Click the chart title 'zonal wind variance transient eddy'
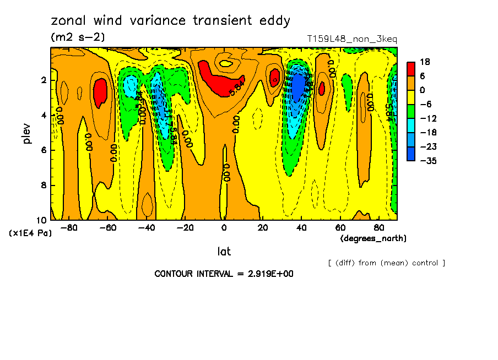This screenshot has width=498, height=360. [170, 21]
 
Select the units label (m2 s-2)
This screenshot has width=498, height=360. [77, 37]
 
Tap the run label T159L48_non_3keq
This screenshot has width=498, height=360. [351, 39]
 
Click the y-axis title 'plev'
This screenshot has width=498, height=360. [28, 133]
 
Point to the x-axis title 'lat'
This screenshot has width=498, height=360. [224, 252]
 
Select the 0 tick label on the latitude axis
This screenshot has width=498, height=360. [224, 227]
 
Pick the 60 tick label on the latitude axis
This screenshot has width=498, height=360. [340, 227]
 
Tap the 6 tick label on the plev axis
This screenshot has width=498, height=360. [42, 150]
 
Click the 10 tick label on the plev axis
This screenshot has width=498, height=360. [41, 220]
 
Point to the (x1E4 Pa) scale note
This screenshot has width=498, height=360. [30, 233]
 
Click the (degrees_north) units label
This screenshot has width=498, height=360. [373, 238]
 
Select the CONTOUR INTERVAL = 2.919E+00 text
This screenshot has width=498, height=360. [224, 274]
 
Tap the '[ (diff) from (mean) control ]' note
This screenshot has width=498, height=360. [386, 263]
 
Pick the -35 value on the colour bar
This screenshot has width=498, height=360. [427, 160]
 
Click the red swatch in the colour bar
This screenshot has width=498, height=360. [411, 68]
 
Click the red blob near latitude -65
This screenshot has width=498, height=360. [100, 92]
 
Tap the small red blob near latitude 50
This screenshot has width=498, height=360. [321, 88]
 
